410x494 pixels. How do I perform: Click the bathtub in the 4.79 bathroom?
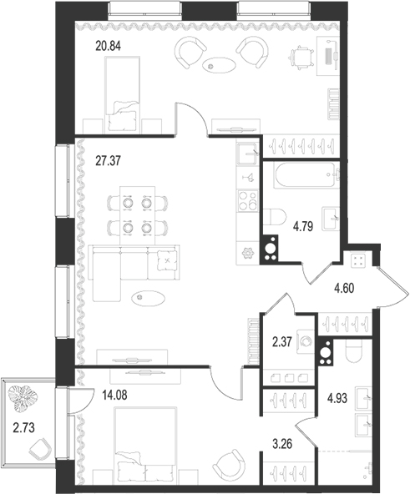(x=301, y=177)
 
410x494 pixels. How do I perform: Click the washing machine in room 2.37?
(x=306, y=341)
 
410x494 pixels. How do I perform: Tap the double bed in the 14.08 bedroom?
(x=147, y=443)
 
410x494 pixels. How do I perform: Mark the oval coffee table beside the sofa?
(x=153, y=294)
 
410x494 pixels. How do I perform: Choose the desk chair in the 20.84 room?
(x=298, y=56)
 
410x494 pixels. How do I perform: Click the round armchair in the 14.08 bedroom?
(x=226, y=463)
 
